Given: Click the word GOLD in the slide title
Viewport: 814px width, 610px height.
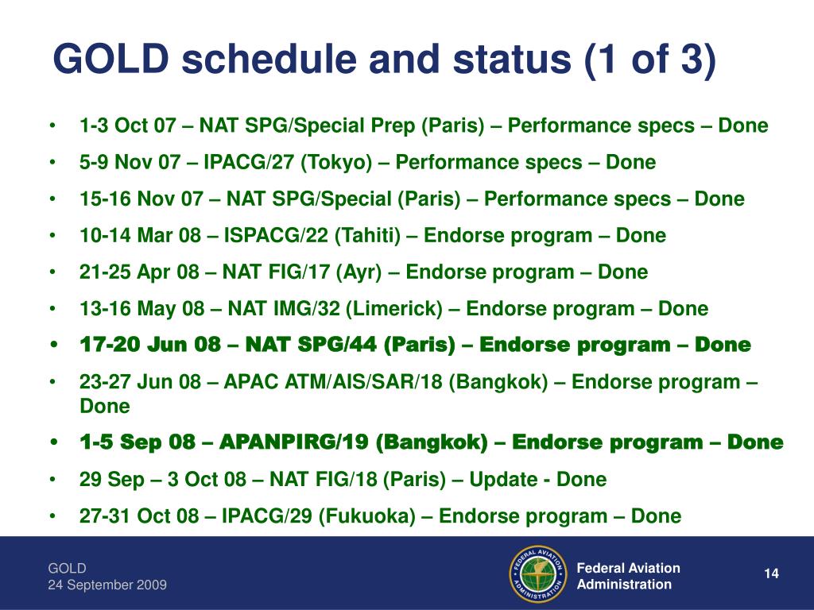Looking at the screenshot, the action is (111, 58).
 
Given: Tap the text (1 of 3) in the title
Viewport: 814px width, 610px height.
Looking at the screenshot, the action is (650, 60).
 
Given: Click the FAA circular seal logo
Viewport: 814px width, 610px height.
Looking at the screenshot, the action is (538, 574).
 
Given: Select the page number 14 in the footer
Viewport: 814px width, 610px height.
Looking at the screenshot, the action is (771, 573).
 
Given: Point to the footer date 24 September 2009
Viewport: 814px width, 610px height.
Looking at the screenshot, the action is (107, 585).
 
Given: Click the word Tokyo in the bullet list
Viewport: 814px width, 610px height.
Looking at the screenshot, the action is (336, 162).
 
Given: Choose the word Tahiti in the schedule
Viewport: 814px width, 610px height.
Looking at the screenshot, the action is (367, 235).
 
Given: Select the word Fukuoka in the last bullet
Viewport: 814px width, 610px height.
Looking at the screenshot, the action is (367, 516).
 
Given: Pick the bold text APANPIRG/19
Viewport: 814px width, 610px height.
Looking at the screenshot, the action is (294, 442).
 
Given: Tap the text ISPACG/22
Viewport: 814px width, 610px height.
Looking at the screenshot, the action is (276, 235).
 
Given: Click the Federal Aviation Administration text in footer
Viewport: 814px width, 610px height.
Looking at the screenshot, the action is (628, 576).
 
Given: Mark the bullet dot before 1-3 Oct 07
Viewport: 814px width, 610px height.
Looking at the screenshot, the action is (52, 125).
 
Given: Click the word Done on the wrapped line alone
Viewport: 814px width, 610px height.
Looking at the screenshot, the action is (104, 406).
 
